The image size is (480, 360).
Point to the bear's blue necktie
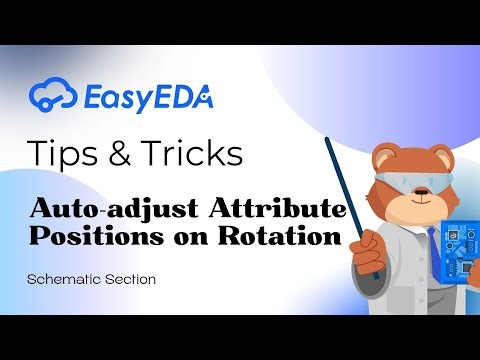[x=431, y=245]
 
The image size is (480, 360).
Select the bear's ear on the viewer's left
[x=382, y=153]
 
